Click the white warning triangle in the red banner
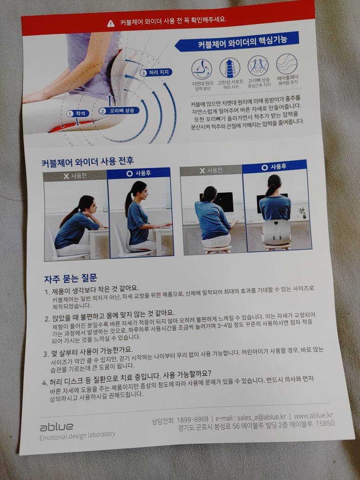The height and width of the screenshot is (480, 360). pos(111,23)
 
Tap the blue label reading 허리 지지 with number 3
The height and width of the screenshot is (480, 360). pos(156,73)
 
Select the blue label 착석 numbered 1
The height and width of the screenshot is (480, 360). pos(78,114)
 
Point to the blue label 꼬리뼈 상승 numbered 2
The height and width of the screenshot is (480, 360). pos(119,110)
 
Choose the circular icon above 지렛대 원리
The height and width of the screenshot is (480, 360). pos(202,69)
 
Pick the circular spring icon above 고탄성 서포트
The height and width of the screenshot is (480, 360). pos(230,68)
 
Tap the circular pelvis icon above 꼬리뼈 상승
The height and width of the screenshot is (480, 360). pos(258,66)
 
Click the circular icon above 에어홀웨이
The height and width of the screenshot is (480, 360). pos(286,64)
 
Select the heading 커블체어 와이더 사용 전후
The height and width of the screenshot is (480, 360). pos(88,162)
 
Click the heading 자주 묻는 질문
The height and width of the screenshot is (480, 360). pos(70,278)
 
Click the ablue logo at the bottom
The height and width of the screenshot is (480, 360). pos(56,427)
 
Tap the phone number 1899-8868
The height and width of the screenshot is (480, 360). pos(192,419)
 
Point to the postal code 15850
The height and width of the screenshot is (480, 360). pos(325,424)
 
